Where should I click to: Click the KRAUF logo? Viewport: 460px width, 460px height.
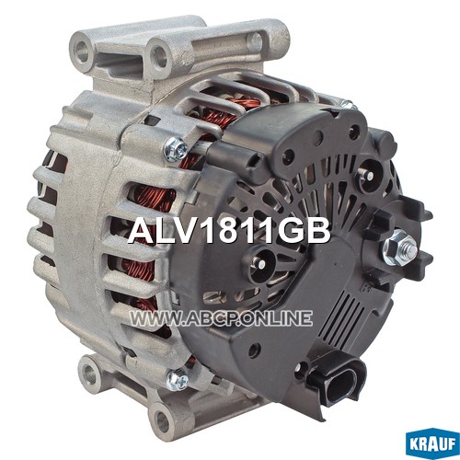pos(432,443)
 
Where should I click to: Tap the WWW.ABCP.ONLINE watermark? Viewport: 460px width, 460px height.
pos(221,317)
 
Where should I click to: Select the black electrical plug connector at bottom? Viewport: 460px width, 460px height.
pos(337,379)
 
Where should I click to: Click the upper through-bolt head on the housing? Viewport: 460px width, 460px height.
pos(176,149)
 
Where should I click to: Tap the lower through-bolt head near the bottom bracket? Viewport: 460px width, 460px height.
pos(177,380)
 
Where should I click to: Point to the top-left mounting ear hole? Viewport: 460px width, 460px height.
pos(83,52)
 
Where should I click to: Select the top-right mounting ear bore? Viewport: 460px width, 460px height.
pos(254,41)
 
